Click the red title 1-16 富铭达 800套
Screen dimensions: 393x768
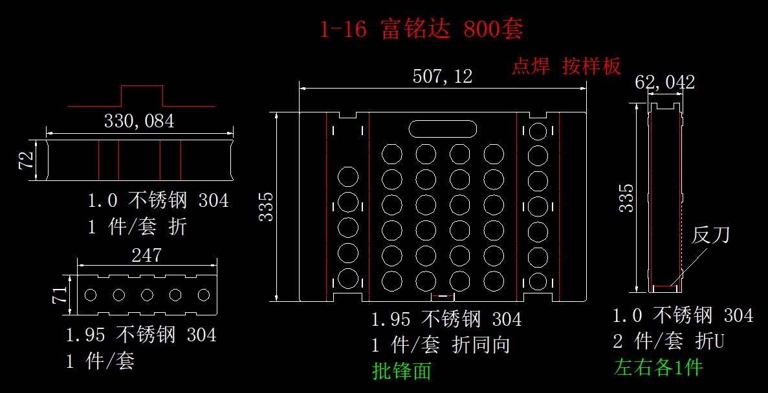(421, 30)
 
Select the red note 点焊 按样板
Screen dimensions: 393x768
(567, 66)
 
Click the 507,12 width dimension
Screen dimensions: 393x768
(443, 77)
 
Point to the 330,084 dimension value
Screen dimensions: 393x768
(139, 121)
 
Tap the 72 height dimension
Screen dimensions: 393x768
(27, 161)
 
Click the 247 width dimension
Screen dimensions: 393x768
(146, 255)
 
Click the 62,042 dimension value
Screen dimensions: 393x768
(664, 82)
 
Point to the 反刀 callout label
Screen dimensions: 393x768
(711, 235)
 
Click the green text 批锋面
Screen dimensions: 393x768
(402, 370)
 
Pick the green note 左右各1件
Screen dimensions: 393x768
(658, 368)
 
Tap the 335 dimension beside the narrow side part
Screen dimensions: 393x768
(626, 198)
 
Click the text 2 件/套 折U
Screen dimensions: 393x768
(668, 341)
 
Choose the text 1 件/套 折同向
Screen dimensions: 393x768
(441, 345)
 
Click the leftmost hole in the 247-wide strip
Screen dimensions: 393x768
(91, 295)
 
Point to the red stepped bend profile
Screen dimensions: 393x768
(142, 96)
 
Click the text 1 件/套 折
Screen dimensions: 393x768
(137, 227)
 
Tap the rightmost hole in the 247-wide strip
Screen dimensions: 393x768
(204, 295)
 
